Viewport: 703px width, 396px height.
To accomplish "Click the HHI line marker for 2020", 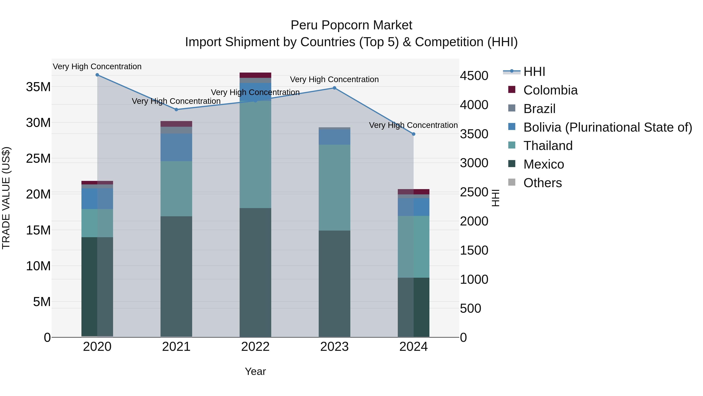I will (x=97, y=75).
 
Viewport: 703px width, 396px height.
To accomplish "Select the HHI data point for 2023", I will (x=334, y=88).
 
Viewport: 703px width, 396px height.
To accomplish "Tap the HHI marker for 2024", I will (x=413, y=134).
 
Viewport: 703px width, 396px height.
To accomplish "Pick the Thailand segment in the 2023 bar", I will (x=334, y=188).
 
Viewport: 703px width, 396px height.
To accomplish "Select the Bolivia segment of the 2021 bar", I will (x=176, y=147).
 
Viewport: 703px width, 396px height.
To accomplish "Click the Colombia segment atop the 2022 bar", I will (x=255, y=75).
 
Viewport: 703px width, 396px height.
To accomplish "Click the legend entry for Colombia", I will (x=550, y=90).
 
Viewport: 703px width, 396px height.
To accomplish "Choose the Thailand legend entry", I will (x=548, y=146).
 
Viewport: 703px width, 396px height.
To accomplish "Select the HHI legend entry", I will (x=534, y=72).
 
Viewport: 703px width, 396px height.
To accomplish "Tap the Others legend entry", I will (x=542, y=183).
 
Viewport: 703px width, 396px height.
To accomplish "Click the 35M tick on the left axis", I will (x=38, y=87).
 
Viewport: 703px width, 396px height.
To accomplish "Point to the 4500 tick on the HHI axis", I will (x=474, y=76).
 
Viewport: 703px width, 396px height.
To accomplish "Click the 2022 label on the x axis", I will (x=255, y=347).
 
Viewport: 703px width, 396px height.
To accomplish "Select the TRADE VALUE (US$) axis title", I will (x=6, y=198).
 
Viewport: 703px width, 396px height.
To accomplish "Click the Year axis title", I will (x=255, y=371).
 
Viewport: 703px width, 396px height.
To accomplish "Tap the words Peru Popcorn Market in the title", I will (x=351, y=25).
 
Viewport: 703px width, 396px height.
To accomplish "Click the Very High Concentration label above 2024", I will (x=413, y=125).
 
